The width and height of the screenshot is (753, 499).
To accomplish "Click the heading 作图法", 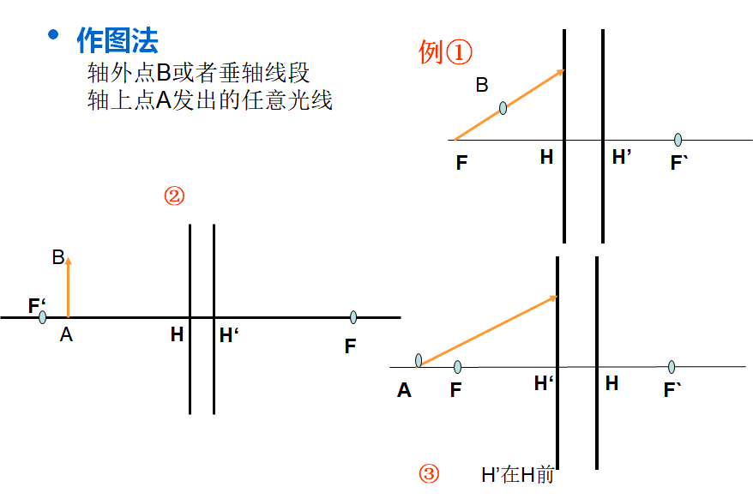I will pos(117,39).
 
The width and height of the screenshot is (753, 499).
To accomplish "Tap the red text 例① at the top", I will pos(445,52).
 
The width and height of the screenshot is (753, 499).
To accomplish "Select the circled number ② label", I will pos(174,196).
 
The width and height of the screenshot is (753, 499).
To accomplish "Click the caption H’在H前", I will pos(517,474).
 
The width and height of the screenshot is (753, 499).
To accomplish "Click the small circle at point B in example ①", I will pos(503,108).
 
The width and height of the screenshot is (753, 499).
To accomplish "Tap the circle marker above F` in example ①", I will pos(678,140).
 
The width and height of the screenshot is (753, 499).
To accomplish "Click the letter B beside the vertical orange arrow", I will pos(57,257).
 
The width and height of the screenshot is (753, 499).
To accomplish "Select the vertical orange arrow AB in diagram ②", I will pos(69,287).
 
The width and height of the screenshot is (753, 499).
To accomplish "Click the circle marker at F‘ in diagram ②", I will pos(42,317).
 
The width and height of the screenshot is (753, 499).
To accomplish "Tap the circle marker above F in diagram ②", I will pos(352,318).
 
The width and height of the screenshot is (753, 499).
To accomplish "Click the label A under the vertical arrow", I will pos(66,336).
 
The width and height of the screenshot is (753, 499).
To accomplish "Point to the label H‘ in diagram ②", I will pos(228,335).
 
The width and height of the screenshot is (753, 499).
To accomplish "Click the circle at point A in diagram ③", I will pos(419,360).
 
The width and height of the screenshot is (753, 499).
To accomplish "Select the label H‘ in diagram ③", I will pos(543,383).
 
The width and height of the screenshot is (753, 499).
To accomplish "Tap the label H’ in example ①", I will pos(622,157).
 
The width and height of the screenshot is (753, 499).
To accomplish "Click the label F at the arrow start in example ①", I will pos(461,163).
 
